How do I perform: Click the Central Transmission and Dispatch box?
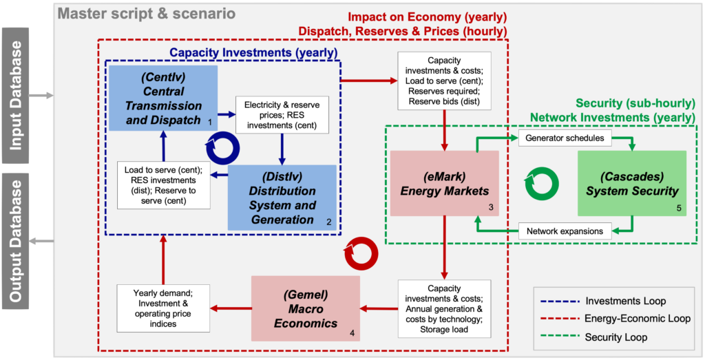pyautogui.click(x=163, y=98)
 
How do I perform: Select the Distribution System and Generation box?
pyautogui.click(x=282, y=198)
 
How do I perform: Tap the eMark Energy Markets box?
pyautogui.click(x=445, y=183)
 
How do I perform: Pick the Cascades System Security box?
pyautogui.click(x=632, y=183)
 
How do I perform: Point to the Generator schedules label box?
pyautogui.click(x=565, y=139)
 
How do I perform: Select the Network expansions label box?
pyautogui.click(x=565, y=230)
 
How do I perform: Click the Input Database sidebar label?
pyautogui.click(x=15, y=95)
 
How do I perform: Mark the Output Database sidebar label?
pyautogui.click(x=15, y=241)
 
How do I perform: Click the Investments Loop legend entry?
pyautogui.click(x=609, y=301)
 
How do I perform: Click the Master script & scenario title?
pyautogui.click(x=147, y=14)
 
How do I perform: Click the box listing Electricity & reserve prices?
pyautogui.click(x=282, y=116)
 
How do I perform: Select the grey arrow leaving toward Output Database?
pyautogui.click(x=42, y=242)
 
